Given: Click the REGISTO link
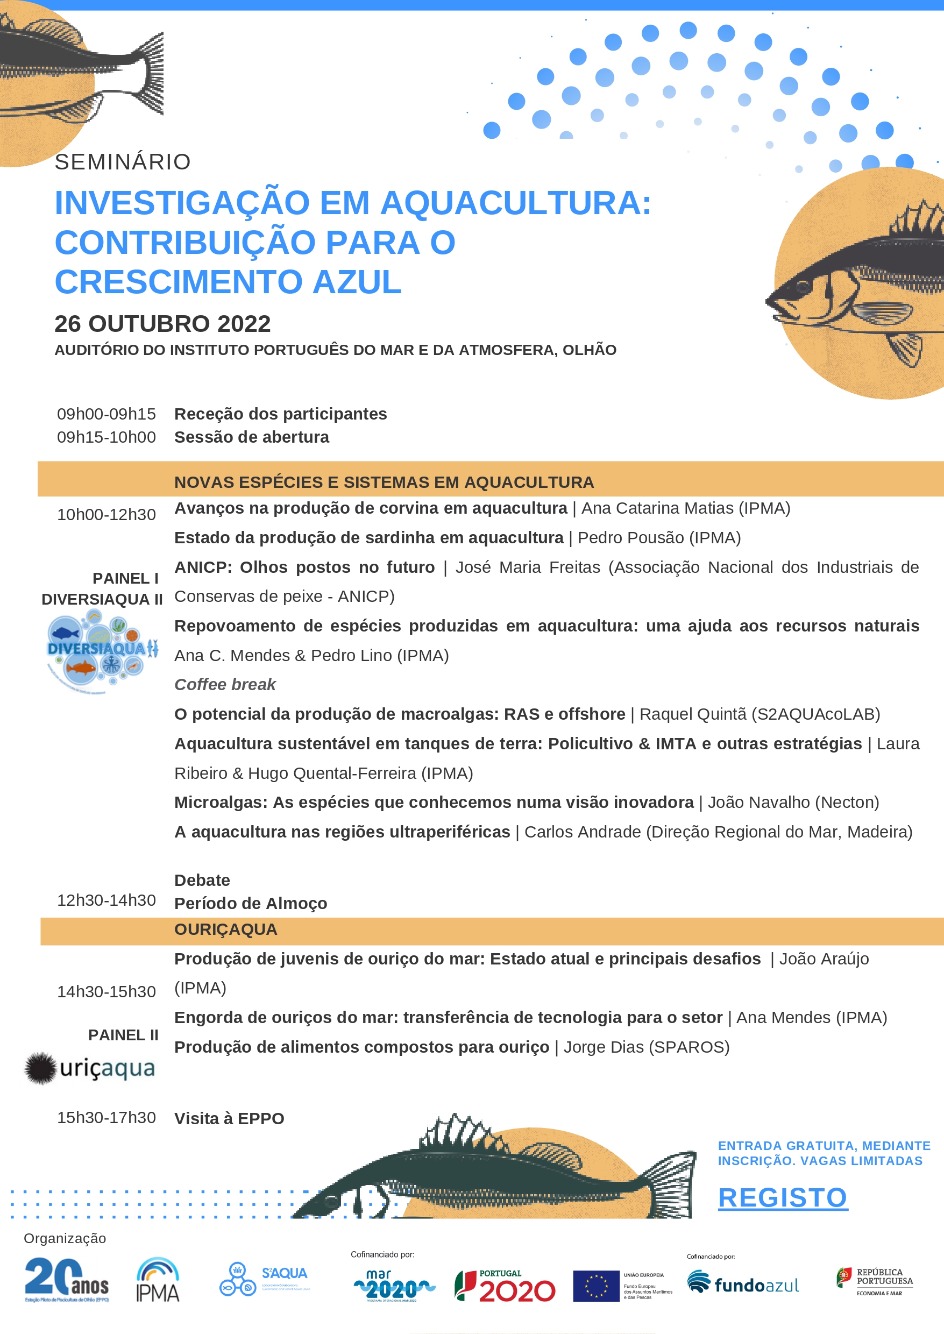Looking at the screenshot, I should pyautogui.click(x=783, y=1197).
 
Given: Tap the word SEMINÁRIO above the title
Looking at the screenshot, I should pyautogui.click(x=123, y=162).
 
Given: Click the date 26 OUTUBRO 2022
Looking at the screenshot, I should pyautogui.click(x=163, y=324).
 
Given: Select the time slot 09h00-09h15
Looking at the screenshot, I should pyautogui.click(x=107, y=414).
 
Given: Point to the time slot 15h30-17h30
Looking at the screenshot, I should pyautogui.click(x=107, y=1117).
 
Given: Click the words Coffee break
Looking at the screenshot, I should pyautogui.click(x=225, y=684).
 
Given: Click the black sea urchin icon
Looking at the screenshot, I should pyautogui.click(x=40, y=1068).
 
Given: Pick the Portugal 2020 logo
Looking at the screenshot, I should pyautogui.click(x=505, y=1286).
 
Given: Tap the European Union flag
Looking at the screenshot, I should pyautogui.click(x=596, y=1286).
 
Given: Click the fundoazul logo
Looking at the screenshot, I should pyautogui.click(x=743, y=1283).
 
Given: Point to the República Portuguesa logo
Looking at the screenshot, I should pyautogui.click(x=875, y=1281).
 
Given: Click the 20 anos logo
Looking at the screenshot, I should pyautogui.click(x=66, y=1279).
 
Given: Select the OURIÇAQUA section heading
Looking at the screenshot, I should pyautogui.click(x=225, y=929).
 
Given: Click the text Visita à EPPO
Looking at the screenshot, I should pyautogui.click(x=229, y=1118).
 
